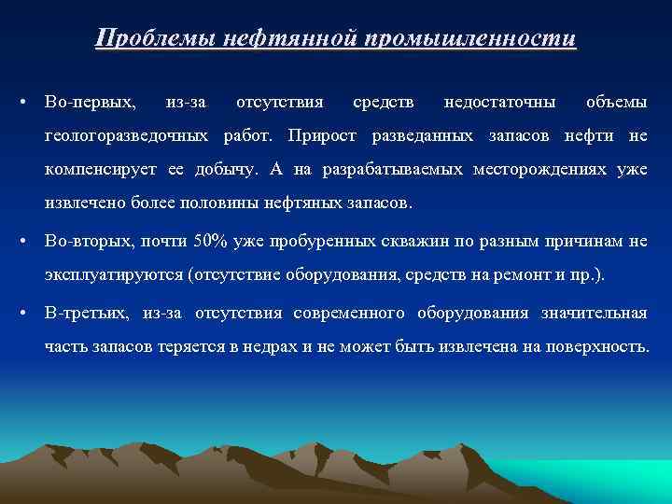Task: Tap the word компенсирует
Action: tap(99, 170)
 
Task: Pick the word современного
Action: tap(346, 311)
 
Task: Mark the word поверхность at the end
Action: tap(595, 345)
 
